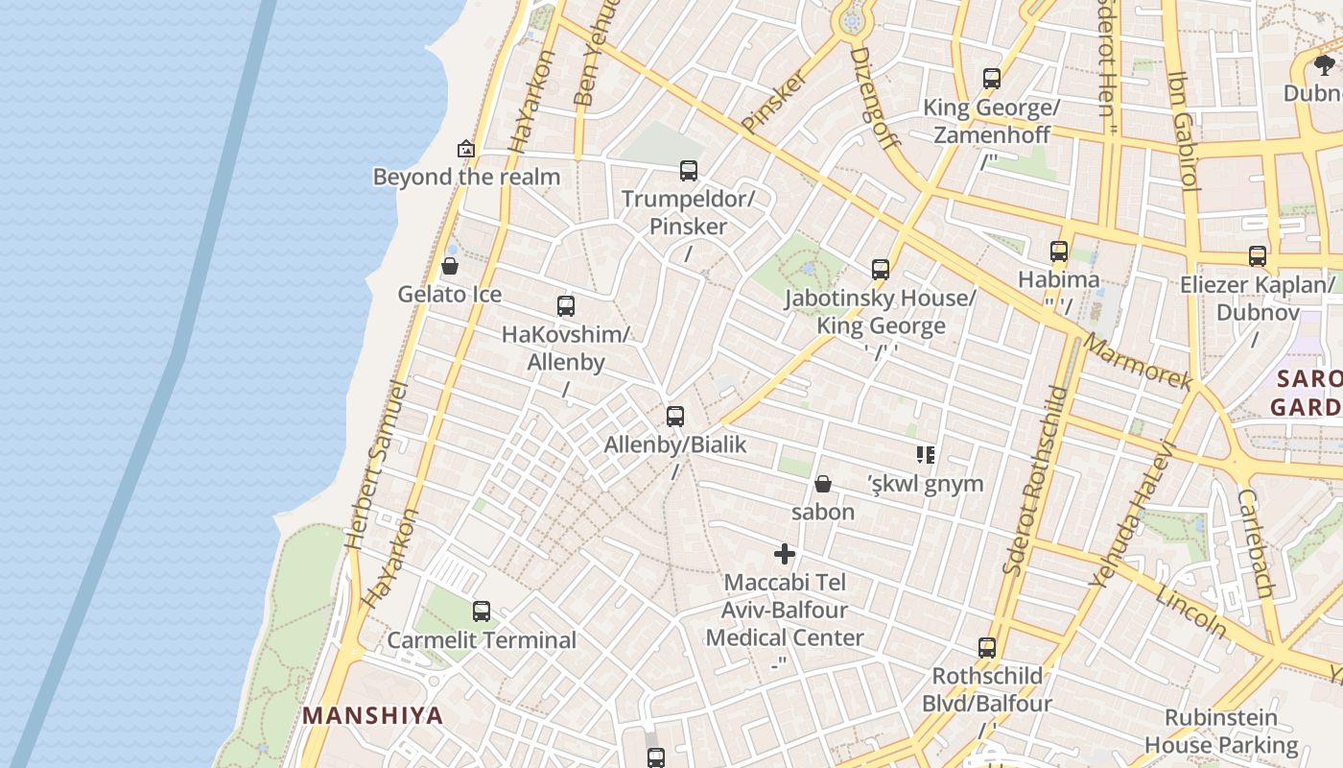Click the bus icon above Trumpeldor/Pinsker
tap(689, 171)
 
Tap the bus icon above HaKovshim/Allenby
tap(566, 306)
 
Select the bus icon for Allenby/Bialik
tap(675, 416)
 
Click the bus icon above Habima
tap(1059, 252)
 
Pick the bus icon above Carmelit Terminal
tap(482, 611)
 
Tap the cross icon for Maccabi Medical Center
tap(785, 553)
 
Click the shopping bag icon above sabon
tap(823, 483)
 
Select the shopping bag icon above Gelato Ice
tap(450, 266)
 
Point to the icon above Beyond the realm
tap(466, 149)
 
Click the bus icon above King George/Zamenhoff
tap(992, 79)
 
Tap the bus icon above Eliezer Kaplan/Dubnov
tap(1258, 256)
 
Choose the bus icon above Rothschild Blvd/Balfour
tap(987, 647)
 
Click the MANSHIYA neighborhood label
tap(373, 715)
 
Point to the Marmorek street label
tap(1139, 362)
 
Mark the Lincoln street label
tap(1191, 612)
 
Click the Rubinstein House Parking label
tap(1221, 731)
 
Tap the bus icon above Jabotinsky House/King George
tap(881, 270)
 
